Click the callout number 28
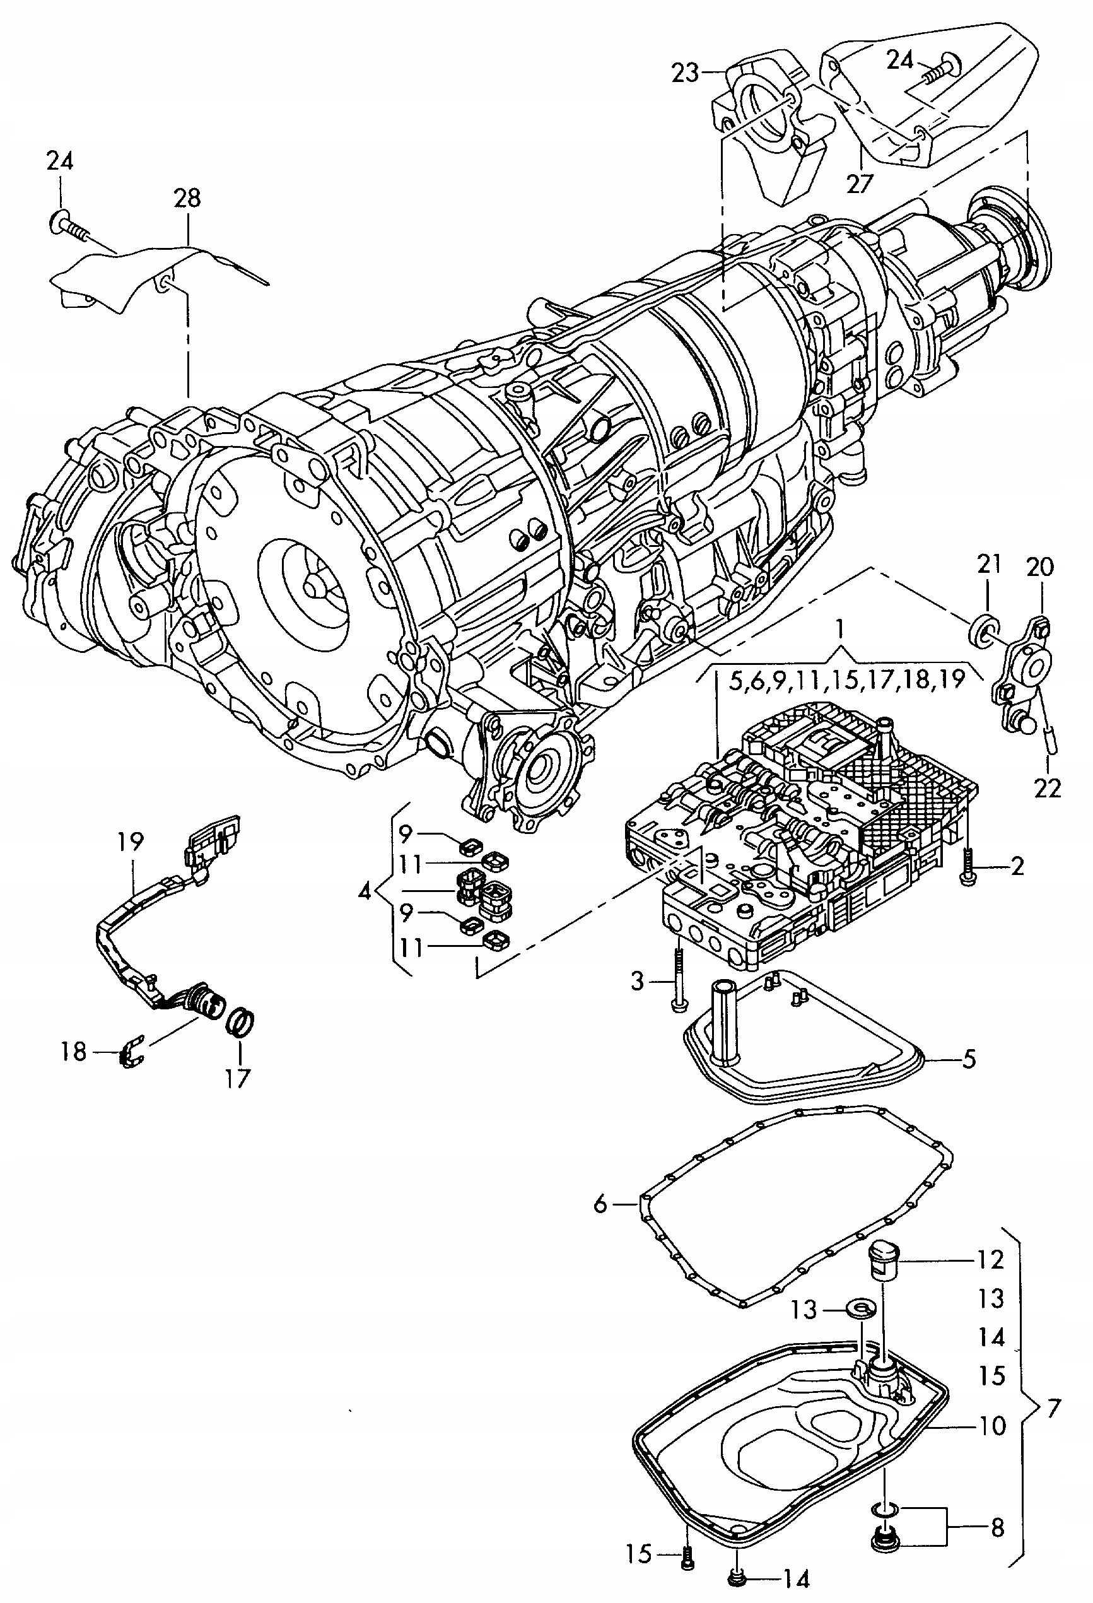[x=187, y=198]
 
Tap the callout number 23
[x=686, y=73]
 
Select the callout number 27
[x=860, y=183]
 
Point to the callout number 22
[x=1047, y=788]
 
